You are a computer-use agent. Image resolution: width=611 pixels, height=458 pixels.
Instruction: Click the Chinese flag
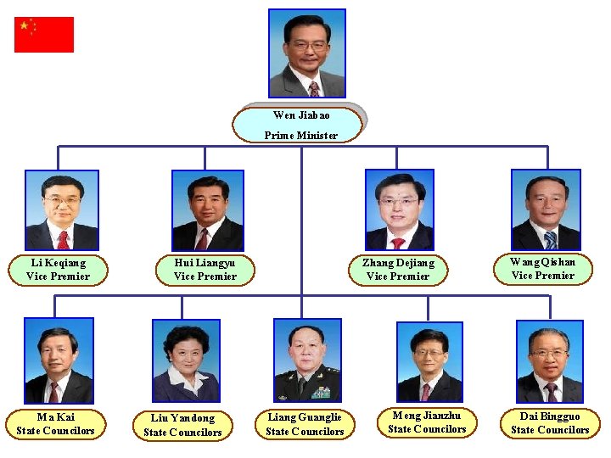coord(44,35)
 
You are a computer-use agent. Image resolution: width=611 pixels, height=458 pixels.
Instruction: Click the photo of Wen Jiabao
coord(306,53)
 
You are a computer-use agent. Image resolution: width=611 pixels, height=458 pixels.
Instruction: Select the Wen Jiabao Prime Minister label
coord(299,125)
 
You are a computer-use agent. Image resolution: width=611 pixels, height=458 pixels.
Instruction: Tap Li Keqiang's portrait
coord(62,209)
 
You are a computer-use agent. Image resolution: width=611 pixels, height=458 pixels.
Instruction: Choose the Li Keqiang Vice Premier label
coord(58,270)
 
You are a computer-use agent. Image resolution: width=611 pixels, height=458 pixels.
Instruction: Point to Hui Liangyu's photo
coord(207,210)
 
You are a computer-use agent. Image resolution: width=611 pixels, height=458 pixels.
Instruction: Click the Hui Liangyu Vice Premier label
coord(205,270)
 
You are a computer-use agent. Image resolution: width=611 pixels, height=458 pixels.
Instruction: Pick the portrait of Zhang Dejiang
coord(399,209)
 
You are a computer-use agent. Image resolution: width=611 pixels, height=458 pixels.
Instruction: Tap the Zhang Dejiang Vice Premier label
coord(397,270)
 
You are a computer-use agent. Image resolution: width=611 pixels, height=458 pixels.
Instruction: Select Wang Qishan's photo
coord(546,209)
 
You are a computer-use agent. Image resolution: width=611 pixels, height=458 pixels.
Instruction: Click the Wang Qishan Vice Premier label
coord(543,269)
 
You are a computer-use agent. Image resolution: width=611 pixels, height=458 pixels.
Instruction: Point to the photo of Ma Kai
coord(59,360)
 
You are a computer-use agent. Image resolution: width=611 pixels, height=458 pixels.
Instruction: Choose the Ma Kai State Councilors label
coord(55,424)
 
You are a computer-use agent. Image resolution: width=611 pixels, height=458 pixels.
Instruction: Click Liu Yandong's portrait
coord(186,360)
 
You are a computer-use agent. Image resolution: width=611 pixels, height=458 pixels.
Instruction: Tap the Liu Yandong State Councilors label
coord(182,425)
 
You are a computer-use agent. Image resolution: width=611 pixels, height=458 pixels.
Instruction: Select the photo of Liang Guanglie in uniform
coord(307,360)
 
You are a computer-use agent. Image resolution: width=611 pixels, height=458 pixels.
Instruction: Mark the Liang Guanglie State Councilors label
coord(305,424)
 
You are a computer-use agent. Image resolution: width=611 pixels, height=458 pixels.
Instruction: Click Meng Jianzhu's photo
coord(429,361)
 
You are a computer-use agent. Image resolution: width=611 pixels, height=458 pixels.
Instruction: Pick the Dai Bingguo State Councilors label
coord(550,423)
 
